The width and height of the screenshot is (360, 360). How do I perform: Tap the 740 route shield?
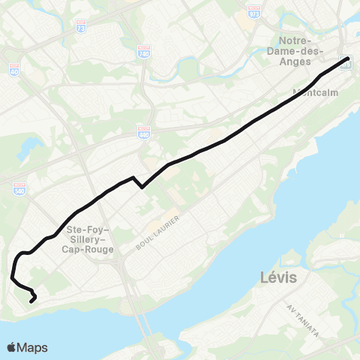[x=143, y=51]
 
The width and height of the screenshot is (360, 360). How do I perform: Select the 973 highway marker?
[x=254, y=14]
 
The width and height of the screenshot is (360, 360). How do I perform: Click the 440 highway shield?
[x=143, y=133]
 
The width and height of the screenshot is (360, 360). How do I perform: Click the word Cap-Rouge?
[x=90, y=250]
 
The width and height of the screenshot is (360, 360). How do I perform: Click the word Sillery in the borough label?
[x=88, y=239]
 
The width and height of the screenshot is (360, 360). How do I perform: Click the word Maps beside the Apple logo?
[x=33, y=347]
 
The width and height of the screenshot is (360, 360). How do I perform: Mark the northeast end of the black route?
[x=349, y=58]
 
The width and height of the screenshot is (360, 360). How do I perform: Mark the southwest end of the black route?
[x=31, y=301]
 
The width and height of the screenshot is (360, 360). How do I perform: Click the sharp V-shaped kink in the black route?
[x=142, y=187]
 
